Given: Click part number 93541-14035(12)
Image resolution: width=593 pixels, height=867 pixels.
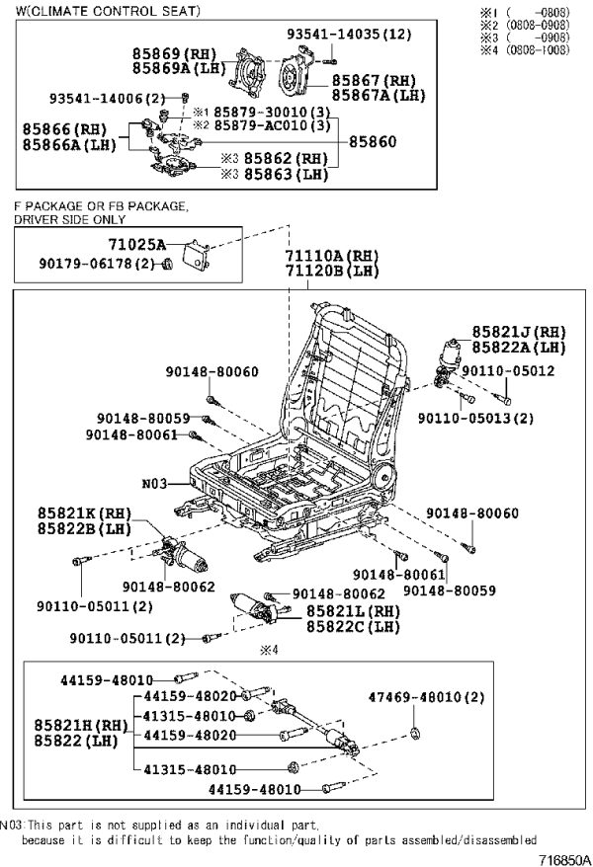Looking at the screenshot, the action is tap(349, 35).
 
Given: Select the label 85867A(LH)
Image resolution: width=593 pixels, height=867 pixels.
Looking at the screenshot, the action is tap(379, 95).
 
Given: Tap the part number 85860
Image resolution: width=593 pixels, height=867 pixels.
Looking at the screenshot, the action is tap(373, 142).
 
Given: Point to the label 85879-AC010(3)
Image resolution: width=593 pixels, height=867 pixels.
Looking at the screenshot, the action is tap(272, 125).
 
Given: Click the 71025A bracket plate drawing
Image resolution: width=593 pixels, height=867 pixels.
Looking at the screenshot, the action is tap(197, 256).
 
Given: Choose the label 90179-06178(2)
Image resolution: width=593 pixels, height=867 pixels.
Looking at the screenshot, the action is tap(97, 264).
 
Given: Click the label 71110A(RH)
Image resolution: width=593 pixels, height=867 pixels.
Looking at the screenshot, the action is tap(332, 256).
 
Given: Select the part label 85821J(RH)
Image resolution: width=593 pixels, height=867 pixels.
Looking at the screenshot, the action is tap(519, 332).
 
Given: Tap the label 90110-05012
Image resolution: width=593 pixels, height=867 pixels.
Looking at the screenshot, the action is tap(508, 371).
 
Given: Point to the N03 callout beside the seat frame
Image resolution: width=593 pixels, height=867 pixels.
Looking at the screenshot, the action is tap(154, 484).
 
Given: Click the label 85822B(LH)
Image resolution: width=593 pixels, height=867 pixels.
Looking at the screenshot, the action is tap(85, 528).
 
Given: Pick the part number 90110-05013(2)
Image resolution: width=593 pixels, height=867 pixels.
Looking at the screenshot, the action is tap(475, 418).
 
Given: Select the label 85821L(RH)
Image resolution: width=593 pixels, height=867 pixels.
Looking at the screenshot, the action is tap(354, 611).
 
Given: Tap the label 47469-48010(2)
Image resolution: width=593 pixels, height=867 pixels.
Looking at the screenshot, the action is tap(427, 697).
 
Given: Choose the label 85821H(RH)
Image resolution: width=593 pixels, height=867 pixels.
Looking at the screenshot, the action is tap(81, 725).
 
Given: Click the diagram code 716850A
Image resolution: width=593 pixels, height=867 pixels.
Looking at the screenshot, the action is tap(564, 860).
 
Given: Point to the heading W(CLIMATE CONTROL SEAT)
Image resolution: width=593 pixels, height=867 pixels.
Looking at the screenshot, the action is tap(108, 11).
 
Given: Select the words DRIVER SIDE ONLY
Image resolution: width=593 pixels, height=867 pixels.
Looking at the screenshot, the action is tap(70, 219).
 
